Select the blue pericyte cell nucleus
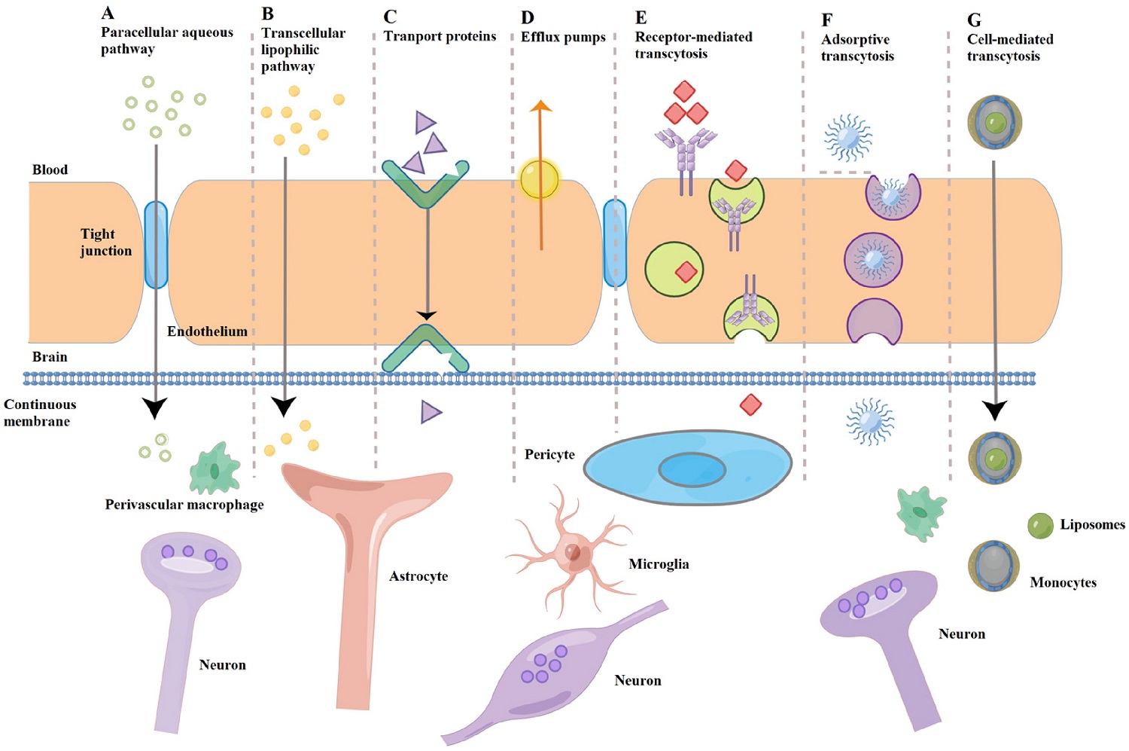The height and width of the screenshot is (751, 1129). tap(692, 470)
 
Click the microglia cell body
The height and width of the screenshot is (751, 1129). tap(574, 553)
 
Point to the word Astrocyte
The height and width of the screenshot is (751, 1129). tap(418, 576)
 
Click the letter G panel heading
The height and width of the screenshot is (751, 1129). tap(974, 20)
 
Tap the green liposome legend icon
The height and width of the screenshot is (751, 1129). tap(1040, 526)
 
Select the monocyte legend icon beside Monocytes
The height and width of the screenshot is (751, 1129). tap(994, 566)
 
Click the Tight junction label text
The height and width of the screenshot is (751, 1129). tap(106, 242)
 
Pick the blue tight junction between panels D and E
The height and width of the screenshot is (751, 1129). tap(615, 243)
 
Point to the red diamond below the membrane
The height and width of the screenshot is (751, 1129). tap(750, 405)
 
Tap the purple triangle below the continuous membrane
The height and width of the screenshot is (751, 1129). tap(431, 412)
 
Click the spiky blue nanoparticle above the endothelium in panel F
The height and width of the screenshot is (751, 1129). tap(848, 139)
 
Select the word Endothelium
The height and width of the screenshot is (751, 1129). tap(207, 331)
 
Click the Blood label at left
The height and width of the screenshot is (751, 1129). tap(50, 169)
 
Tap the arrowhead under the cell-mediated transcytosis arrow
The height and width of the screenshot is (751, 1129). tap(995, 411)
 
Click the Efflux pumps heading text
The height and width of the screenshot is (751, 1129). tap(563, 37)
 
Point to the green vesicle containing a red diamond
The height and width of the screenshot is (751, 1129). tap(674, 270)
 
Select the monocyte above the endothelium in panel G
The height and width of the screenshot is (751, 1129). tap(994, 122)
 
